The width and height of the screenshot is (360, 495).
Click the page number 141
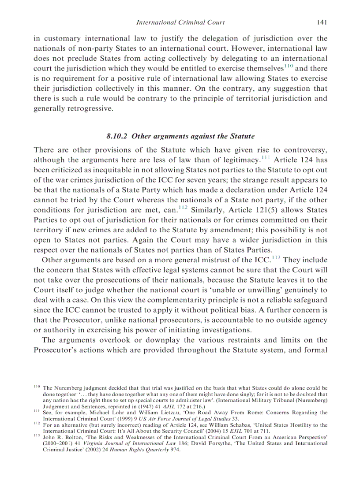[x=322, y=22]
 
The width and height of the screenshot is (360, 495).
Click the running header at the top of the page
[x=180, y=22]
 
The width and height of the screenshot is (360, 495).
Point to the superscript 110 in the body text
[x=288, y=67]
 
